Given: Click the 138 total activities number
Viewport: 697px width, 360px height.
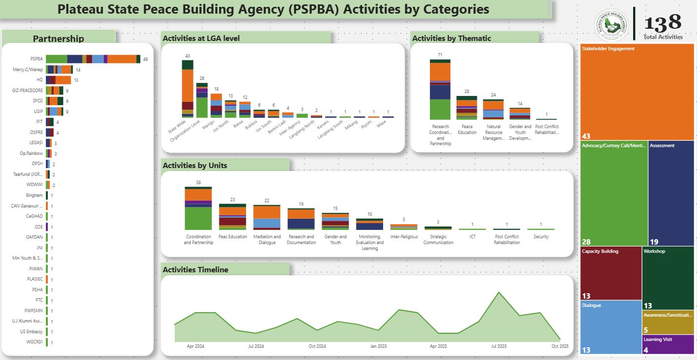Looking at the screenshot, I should (662, 23).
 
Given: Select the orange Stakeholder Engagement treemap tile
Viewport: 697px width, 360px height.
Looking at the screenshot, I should (637, 92).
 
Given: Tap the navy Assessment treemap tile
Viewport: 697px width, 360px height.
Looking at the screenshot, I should (671, 193).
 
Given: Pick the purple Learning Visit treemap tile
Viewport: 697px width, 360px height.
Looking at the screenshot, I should (668, 344).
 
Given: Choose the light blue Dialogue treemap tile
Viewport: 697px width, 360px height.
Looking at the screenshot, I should (611, 327).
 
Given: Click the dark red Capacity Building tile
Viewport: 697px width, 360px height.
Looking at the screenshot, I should (611, 273).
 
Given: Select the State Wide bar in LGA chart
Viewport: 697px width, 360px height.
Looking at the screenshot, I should (188, 89).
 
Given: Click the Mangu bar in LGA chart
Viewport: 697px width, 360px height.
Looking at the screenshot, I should (216, 105).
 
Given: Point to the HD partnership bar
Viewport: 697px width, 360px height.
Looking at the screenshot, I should (58, 80).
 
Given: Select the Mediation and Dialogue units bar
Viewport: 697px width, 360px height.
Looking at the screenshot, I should (267, 217).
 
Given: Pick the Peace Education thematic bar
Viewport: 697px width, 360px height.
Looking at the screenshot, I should (466, 108).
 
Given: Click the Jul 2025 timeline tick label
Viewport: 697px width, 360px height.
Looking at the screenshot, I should (499, 346).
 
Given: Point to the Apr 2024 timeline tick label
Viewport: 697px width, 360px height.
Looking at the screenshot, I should (195, 346).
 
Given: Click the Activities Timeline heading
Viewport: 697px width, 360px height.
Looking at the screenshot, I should (195, 270).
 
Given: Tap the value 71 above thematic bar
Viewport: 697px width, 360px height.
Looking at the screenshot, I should (440, 55).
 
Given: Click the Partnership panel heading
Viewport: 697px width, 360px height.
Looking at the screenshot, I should (58, 39).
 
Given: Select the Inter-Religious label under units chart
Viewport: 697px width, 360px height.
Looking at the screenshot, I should (404, 237).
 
